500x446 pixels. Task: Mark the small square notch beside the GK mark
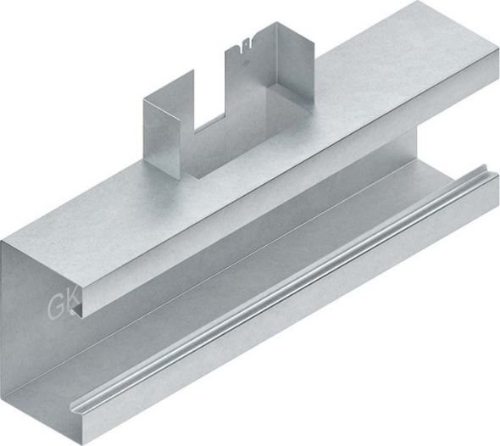[x=78, y=310]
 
